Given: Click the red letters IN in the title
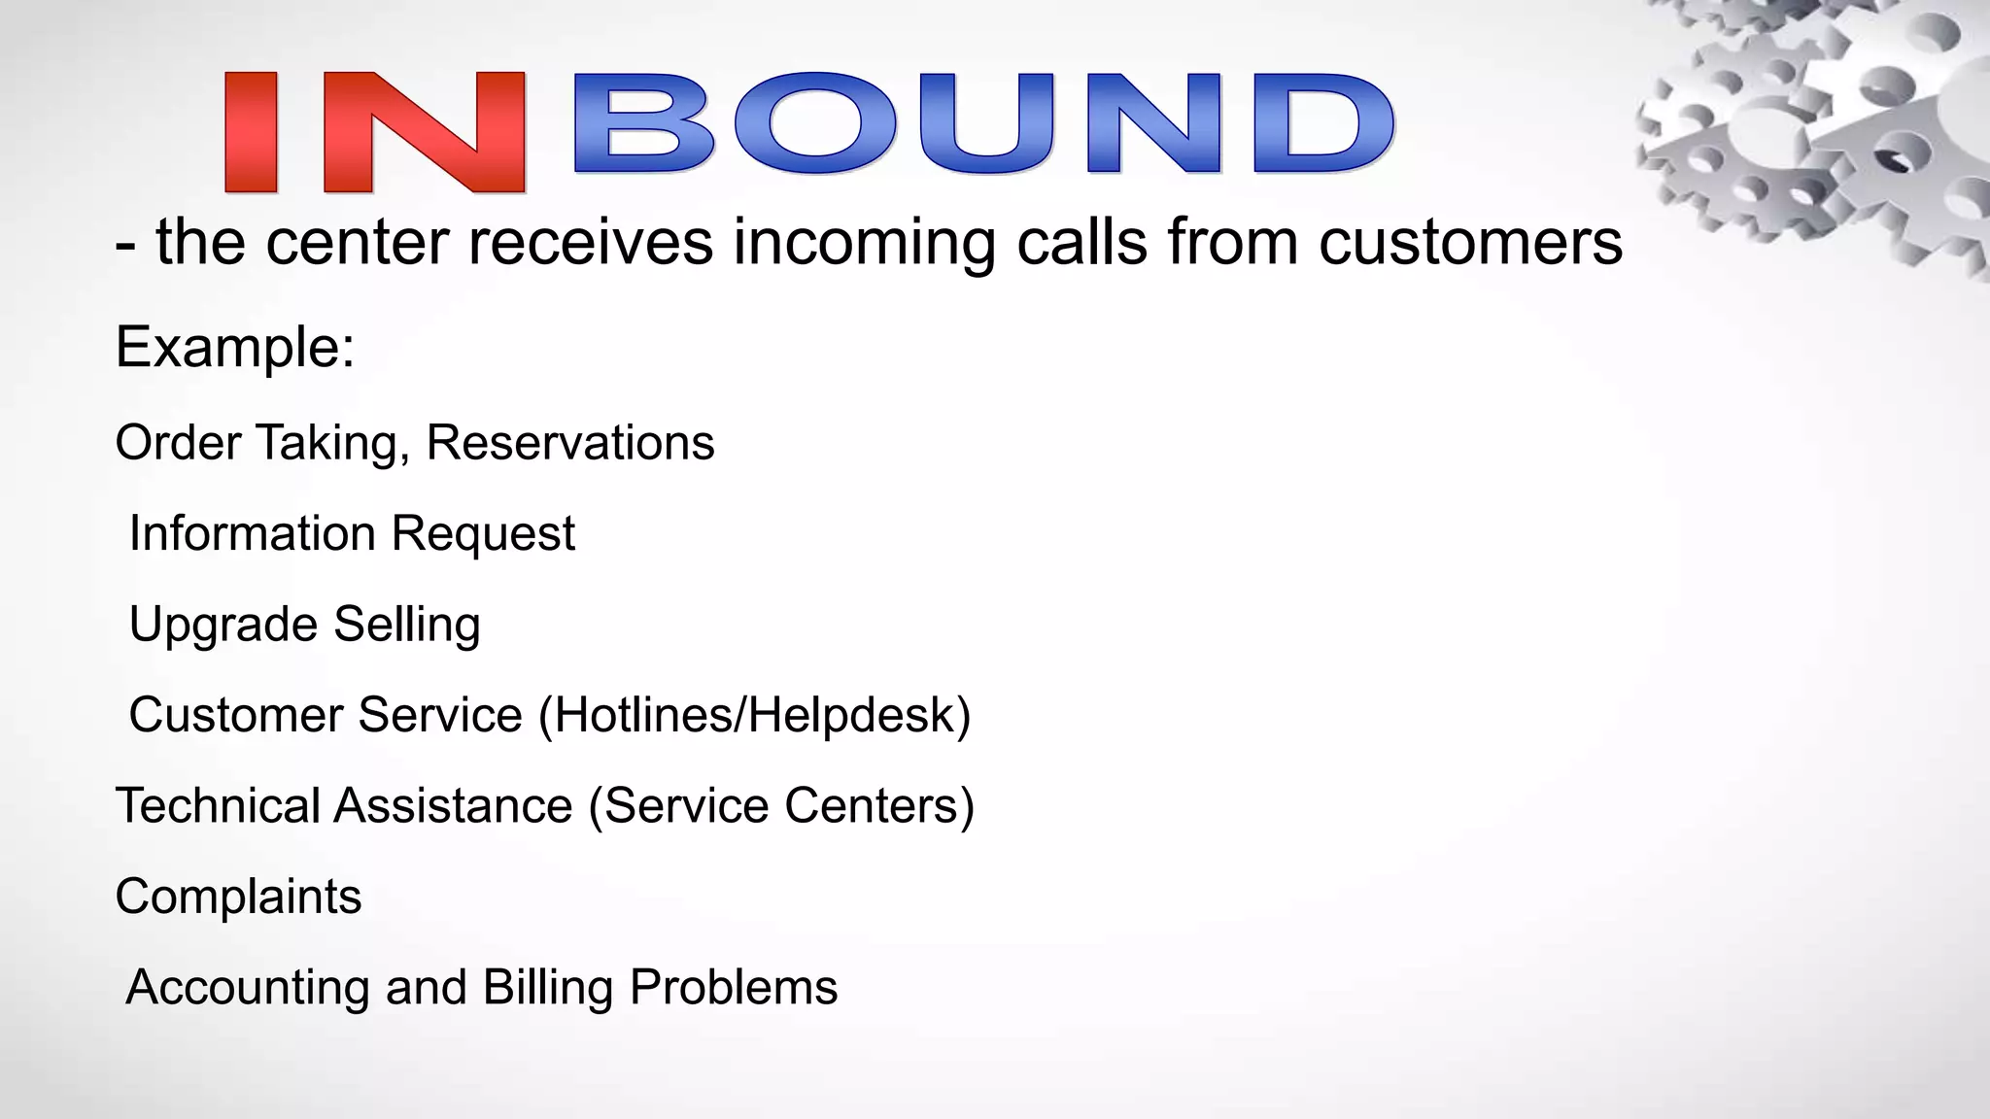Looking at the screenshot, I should pyautogui.click(x=374, y=132).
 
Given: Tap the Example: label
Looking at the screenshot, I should pyautogui.click(x=235, y=347).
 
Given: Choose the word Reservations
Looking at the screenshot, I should pyautogui.click(x=570, y=443).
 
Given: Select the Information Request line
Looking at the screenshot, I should pyautogui.click(x=352, y=533).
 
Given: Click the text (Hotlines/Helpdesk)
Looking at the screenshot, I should pyautogui.click(x=754, y=715).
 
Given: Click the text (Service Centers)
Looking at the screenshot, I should pyautogui.click(x=781, y=805).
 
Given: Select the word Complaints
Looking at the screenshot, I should pyautogui.click(x=238, y=896).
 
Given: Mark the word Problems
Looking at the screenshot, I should pyautogui.click(x=734, y=987).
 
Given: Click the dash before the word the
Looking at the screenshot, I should pyautogui.click(x=124, y=245).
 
